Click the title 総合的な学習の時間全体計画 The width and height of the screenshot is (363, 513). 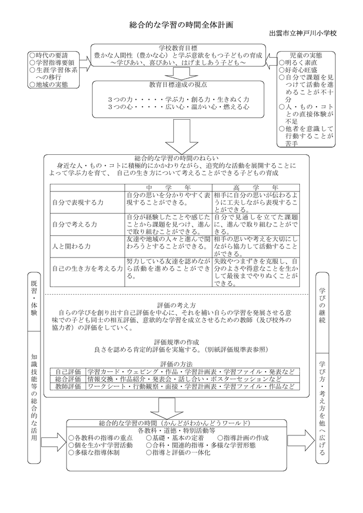(181, 25)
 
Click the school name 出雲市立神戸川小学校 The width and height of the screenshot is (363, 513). (303, 34)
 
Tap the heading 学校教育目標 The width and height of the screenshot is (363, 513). (178, 48)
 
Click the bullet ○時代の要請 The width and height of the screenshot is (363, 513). (49, 55)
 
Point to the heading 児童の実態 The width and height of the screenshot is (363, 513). (306, 55)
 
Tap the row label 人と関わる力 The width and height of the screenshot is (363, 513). (71, 246)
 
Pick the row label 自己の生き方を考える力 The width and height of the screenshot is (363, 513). (87, 269)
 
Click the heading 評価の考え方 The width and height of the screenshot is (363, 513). (179, 305)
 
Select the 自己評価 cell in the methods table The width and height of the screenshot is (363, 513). (68, 372)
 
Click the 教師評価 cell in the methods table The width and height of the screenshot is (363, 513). (68, 387)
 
